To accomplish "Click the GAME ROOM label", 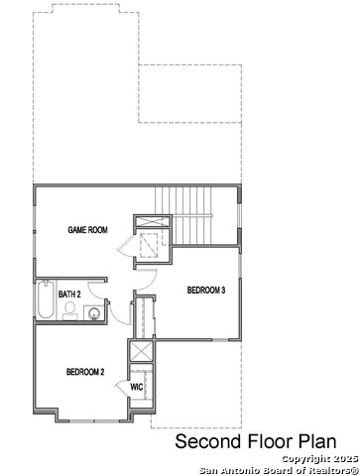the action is tap(87, 230).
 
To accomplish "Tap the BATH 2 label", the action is tap(69, 295).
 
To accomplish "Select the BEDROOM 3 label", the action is tap(206, 291).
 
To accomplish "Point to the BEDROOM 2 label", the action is tap(85, 372).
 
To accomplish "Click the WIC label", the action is tap(137, 387).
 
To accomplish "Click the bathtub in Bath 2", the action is tap(46, 299).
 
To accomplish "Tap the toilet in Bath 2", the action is tap(70, 311).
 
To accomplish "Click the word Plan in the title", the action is tap(317, 441).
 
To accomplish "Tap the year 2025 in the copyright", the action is tap(345, 459).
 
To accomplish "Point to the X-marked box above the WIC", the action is tap(141, 351).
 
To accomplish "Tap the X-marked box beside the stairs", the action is tap(153, 221).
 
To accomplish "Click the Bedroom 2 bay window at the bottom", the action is tap(94, 420).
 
